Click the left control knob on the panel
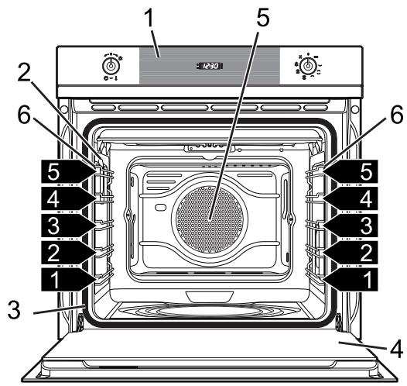pyautogui.click(x=111, y=66)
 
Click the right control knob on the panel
pyautogui.click(x=308, y=66)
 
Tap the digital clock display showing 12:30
pyautogui.click(x=209, y=66)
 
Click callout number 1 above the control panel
pyautogui.click(x=149, y=17)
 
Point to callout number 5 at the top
pyautogui.click(x=262, y=17)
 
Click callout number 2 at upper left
pyautogui.click(x=24, y=72)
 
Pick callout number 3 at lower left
pyautogui.click(x=13, y=309)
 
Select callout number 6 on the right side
pyautogui.click(x=397, y=115)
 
